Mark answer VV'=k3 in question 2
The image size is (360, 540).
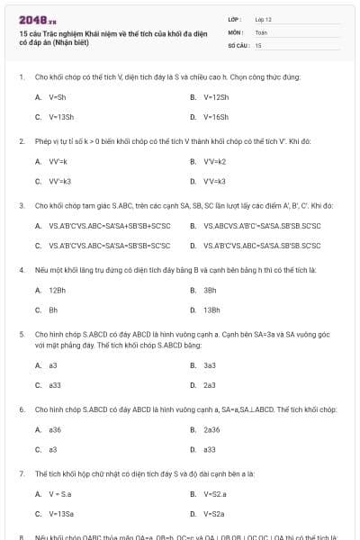[x=59, y=181]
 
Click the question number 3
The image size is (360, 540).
[x=21, y=205]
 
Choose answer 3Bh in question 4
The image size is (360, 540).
[x=209, y=290]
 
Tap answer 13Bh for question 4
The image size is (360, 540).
[x=211, y=310]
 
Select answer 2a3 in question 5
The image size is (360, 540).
[x=209, y=385]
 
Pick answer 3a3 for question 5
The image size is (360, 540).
[x=209, y=365]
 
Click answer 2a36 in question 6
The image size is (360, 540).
[x=212, y=429]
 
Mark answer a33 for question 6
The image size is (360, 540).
[x=210, y=449]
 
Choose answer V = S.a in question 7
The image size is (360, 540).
[x=59, y=493]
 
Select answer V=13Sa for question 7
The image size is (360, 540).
[x=61, y=514]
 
